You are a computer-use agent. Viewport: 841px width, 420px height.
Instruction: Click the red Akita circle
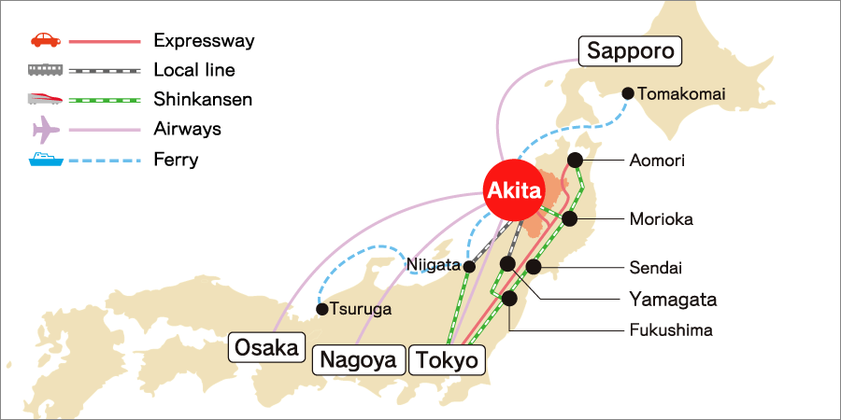(x=513, y=191)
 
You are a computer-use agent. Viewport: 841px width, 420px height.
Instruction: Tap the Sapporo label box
(x=630, y=50)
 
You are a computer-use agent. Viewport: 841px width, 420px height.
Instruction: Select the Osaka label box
(x=268, y=348)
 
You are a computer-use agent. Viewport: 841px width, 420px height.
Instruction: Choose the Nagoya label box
(x=360, y=359)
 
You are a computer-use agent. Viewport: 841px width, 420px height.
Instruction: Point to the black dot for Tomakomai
(x=628, y=93)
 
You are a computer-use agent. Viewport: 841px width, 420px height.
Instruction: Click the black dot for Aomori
(x=575, y=160)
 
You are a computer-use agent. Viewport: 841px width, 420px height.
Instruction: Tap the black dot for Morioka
(x=569, y=219)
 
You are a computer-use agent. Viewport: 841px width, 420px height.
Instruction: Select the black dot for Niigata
(x=469, y=267)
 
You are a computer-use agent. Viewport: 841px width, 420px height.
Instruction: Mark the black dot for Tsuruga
(x=322, y=309)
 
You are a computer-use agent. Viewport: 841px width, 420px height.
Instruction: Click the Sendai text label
(x=657, y=269)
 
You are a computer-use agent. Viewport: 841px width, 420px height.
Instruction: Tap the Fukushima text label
(x=670, y=330)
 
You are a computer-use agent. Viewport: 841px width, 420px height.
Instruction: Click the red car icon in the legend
(x=45, y=41)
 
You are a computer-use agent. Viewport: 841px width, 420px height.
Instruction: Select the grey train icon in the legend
(x=45, y=70)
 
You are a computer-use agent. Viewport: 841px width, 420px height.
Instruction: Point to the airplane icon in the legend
(x=45, y=129)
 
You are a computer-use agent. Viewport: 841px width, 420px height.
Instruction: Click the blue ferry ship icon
(x=45, y=160)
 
